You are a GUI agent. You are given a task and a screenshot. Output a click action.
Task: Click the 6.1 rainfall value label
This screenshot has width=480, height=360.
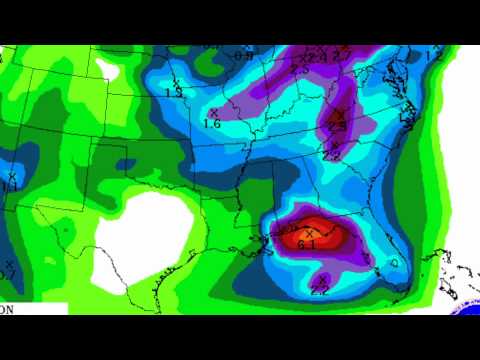tap(308, 244)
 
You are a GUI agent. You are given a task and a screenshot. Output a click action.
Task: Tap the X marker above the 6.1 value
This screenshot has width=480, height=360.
tap(308, 233)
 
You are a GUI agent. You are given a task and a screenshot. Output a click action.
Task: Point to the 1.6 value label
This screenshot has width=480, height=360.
tap(211, 124)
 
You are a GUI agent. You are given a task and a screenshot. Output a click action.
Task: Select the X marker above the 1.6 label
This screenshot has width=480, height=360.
tap(214, 112)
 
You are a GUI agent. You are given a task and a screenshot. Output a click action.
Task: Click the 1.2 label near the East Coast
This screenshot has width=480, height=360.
tap(434, 56)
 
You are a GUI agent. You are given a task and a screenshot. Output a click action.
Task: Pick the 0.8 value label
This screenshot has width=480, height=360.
tap(243, 55)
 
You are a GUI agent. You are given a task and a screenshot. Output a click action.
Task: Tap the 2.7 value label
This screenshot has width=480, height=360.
tap(343, 54)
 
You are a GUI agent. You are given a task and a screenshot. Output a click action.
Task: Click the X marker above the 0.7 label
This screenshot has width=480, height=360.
tap(9, 264)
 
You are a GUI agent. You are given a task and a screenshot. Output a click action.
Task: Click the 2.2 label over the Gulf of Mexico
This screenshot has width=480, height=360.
tap(320, 290)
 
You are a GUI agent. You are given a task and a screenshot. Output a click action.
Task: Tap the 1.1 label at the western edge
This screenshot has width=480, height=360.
tap(10, 187)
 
